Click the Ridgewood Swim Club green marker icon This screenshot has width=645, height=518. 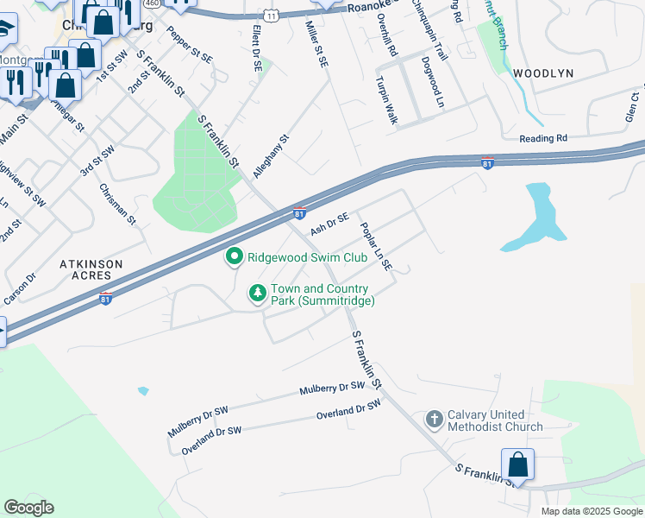[234, 257]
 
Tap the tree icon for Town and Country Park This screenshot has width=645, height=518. [257, 294]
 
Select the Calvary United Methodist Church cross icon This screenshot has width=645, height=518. [435, 420]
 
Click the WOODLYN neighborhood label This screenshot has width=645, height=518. [543, 74]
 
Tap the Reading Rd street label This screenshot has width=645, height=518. [543, 138]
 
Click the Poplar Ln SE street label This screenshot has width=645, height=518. [376, 248]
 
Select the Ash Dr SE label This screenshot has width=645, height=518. [329, 224]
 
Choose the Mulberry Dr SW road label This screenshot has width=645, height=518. [332, 388]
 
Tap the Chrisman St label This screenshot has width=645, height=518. [118, 205]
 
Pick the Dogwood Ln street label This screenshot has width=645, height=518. [433, 82]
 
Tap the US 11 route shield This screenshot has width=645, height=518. [272, 16]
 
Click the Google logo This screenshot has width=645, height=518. [28, 508]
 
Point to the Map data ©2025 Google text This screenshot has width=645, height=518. [591, 511]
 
